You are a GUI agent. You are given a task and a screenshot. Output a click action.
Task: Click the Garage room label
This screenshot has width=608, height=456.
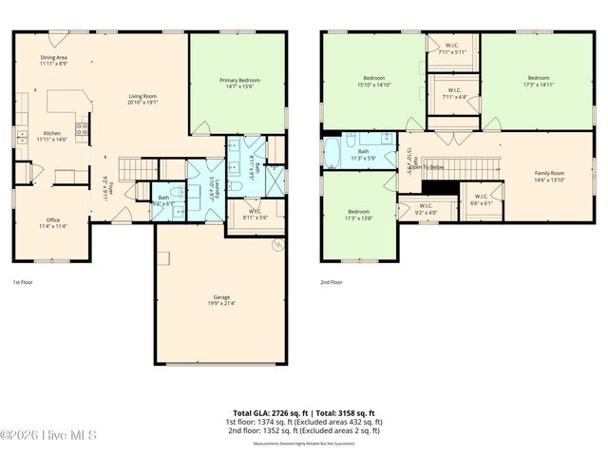(221, 301)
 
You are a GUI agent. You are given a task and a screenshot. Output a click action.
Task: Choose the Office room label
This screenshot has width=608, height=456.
(53, 222)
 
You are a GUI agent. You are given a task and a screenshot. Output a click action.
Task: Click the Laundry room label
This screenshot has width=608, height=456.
(217, 187)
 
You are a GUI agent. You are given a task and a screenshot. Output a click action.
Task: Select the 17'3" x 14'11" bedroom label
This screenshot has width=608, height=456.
(539, 81)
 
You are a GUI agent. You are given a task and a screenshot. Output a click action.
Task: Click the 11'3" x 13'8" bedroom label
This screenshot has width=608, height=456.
(358, 214)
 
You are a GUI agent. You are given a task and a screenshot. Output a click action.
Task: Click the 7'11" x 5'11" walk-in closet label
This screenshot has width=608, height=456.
(452, 49)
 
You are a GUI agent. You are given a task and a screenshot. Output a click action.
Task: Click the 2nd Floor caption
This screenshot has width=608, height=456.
(332, 282)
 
